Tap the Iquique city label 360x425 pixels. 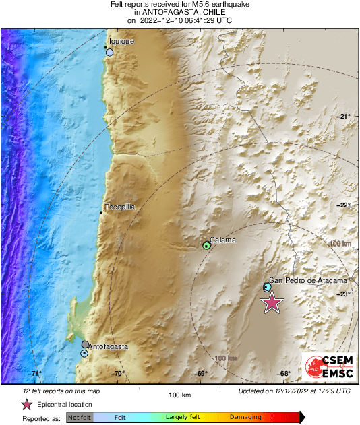tap(122, 41)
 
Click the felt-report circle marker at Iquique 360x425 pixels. tap(109, 52)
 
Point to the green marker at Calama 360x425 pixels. tap(207, 246)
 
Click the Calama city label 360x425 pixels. tap(222, 240)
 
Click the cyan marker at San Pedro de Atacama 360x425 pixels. tap(267, 288)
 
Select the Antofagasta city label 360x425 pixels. tap(108, 346)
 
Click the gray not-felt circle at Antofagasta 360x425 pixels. tap(86, 344)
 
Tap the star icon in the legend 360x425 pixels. tap(27, 404)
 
